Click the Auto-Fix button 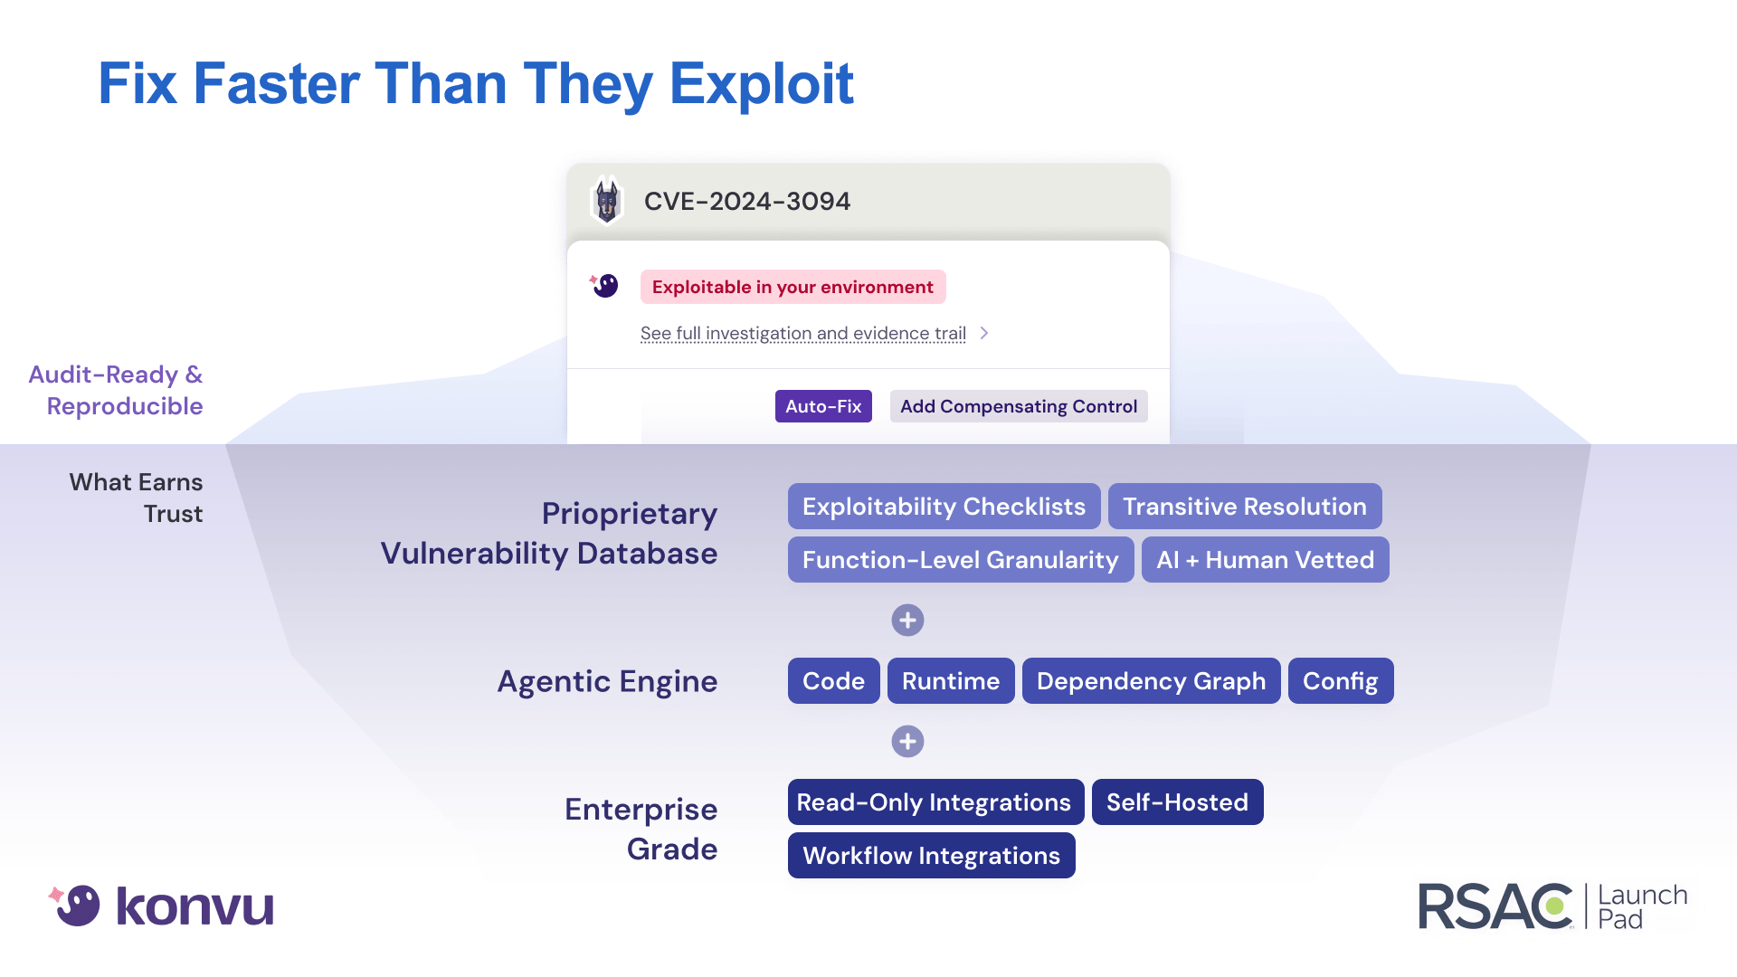(823, 406)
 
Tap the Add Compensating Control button (1019, 406)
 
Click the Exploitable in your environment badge (793, 287)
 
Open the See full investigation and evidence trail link (803, 333)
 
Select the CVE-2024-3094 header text (747, 201)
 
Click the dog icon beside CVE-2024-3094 (607, 201)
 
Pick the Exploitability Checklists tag (944, 507)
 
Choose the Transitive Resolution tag (1245, 507)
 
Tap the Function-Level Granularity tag (960, 560)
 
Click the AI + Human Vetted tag (1265, 560)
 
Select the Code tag (833, 681)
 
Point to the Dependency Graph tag (1151, 681)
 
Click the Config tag (1340, 681)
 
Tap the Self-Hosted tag (1177, 802)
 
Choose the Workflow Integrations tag (931, 856)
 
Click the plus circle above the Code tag (907, 621)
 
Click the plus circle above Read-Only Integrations (907, 742)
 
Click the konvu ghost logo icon (77, 905)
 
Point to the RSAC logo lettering (1495, 906)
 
